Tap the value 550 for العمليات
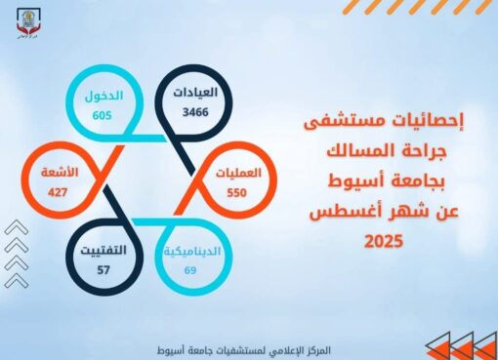[240, 193]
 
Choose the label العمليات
[239, 174]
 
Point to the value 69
[189, 268]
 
